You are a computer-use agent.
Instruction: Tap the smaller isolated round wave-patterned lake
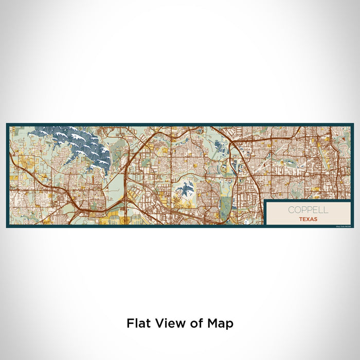(x=186, y=190)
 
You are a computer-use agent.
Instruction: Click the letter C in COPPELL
(x=291, y=210)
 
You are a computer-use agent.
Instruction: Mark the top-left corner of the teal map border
(x=7, y=124)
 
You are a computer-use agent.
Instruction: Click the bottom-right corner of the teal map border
(x=353, y=227)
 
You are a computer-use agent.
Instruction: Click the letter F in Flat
(x=129, y=324)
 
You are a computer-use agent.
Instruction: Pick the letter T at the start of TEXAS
(x=301, y=219)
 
